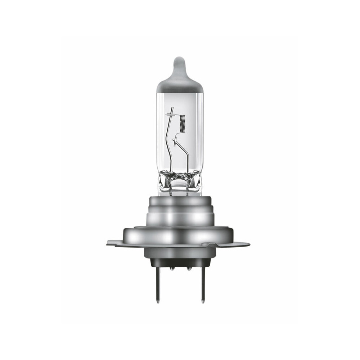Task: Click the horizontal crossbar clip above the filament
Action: click(173, 114)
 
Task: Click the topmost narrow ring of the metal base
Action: click(180, 199)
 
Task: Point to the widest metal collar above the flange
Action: click(180, 235)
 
